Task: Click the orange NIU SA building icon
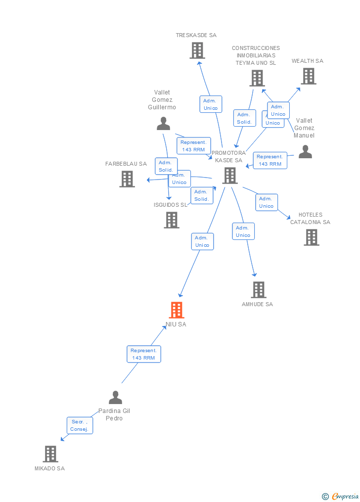click(x=177, y=310)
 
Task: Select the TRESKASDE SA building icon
click(x=197, y=50)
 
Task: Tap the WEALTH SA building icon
click(x=309, y=76)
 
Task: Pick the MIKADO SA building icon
click(x=50, y=454)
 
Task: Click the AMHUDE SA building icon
click(x=259, y=290)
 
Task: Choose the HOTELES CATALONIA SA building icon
click(x=312, y=237)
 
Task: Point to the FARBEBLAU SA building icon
click(x=127, y=179)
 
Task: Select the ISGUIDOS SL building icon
click(x=172, y=220)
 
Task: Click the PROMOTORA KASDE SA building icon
click(x=229, y=176)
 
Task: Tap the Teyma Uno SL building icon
click(x=257, y=78)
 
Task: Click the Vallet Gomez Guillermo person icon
click(x=163, y=124)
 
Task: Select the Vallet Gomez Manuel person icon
click(x=305, y=152)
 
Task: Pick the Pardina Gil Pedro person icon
click(x=115, y=398)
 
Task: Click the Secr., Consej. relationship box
click(x=80, y=425)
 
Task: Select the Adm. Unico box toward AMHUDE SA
click(x=243, y=231)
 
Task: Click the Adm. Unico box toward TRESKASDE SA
click(x=211, y=104)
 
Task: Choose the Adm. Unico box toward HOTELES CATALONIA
click(x=267, y=202)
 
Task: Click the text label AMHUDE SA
click(x=257, y=305)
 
